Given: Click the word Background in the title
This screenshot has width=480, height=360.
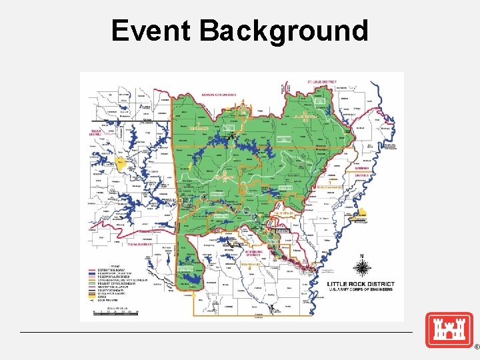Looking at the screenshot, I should tap(284, 31).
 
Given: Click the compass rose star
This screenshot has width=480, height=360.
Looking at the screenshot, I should tap(362, 268).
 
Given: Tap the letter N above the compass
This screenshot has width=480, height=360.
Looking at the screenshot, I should tap(362, 256).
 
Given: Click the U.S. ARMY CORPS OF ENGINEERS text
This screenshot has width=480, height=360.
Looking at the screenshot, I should tap(360, 289).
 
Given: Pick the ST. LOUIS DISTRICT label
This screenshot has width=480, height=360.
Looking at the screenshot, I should tap(322, 82).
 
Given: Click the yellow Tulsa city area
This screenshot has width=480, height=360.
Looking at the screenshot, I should tap(120, 161).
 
